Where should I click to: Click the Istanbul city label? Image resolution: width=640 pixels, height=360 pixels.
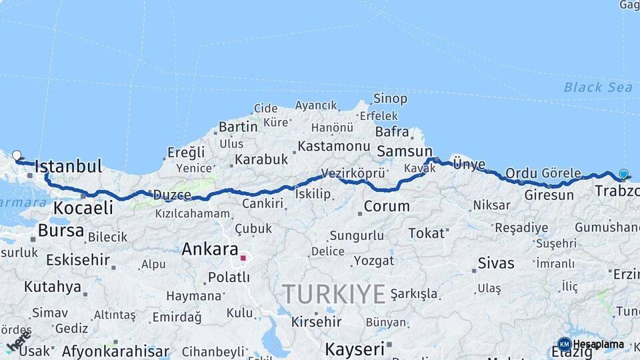[x=68, y=166]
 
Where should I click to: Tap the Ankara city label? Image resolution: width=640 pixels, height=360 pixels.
[x=210, y=249]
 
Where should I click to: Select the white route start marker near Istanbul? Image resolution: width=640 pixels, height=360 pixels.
[x=17, y=155]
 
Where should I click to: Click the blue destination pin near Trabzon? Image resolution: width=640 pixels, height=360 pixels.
[x=623, y=175]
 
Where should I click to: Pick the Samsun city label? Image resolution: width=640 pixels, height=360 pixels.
[x=405, y=151]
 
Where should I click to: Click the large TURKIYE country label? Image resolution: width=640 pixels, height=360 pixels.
[x=333, y=293]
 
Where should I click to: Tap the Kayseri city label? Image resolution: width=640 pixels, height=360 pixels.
[x=355, y=348]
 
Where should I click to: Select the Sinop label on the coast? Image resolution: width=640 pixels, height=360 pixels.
[x=390, y=99]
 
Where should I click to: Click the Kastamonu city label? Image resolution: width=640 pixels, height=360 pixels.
[x=333, y=145]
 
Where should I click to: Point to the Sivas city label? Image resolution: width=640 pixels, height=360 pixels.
[x=497, y=263]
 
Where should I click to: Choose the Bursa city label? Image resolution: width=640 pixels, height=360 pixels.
[x=61, y=231]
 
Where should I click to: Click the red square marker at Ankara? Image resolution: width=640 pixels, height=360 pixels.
[x=244, y=258]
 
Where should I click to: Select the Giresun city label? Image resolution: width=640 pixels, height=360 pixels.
[x=549, y=195]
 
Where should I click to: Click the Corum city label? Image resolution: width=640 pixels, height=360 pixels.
[x=387, y=206]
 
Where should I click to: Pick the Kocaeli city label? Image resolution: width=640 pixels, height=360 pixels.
[x=83, y=207]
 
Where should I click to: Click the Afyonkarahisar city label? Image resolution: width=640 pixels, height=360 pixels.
[x=115, y=351]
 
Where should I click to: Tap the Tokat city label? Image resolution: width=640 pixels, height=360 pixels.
[x=427, y=233]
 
